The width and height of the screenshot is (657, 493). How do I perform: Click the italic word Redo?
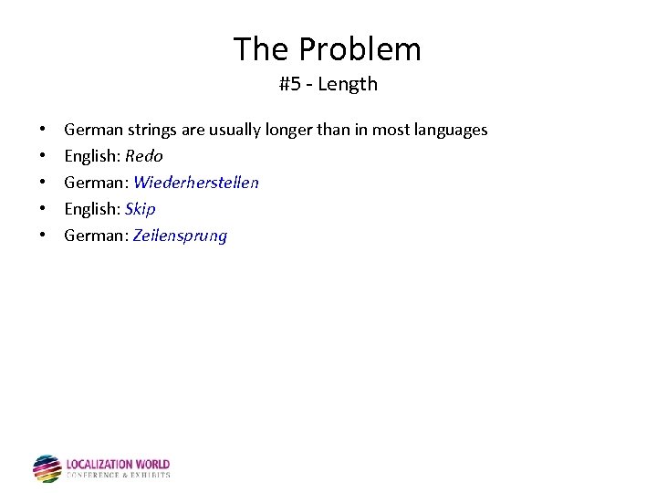(143, 156)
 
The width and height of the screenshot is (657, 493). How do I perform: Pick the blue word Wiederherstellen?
(195, 183)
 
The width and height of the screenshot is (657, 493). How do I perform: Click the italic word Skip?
(140, 209)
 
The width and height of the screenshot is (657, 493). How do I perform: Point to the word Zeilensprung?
(180, 236)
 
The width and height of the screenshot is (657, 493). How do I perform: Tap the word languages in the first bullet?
(447, 130)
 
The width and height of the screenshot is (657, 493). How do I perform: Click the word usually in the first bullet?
(235, 130)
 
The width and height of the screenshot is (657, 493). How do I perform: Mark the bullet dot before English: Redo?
(43, 156)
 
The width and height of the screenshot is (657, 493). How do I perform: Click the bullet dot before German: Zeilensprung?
(43, 236)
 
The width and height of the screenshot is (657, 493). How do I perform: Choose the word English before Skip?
(91, 209)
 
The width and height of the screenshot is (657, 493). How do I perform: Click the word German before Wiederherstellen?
(95, 183)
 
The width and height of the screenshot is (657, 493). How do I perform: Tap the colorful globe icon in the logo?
(47, 468)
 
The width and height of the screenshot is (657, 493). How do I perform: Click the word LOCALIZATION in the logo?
(99, 465)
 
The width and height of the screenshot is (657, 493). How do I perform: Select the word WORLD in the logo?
(152, 465)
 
